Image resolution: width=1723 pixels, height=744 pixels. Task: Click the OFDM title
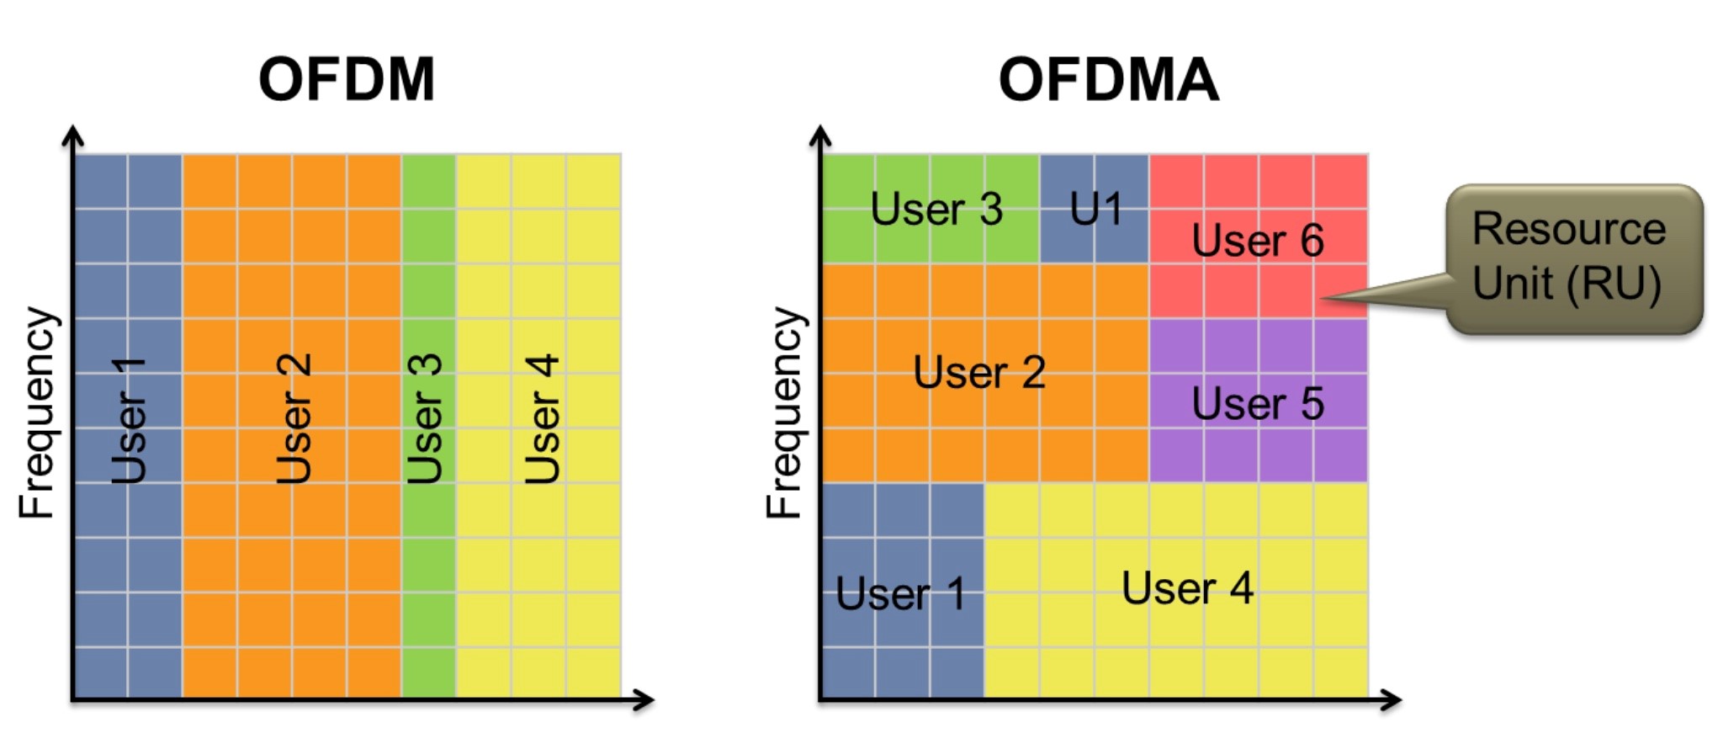click(347, 80)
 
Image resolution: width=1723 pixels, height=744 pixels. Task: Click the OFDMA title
click(1108, 80)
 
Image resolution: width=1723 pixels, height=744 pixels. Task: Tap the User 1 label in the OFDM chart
click(129, 420)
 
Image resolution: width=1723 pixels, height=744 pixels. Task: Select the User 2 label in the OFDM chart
click(294, 418)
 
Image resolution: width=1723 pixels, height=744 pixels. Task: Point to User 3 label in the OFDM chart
click(424, 418)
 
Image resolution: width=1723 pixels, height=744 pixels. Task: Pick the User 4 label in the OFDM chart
click(541, 418)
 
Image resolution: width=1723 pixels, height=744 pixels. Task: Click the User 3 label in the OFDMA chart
click(936, 209)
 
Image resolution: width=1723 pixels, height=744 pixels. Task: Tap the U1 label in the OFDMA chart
click(1095, 209)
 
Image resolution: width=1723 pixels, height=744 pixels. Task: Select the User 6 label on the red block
click(1258, 241)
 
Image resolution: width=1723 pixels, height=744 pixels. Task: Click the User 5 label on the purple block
click(1258, 403)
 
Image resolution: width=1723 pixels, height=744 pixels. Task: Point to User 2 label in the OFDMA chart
click(979, 372)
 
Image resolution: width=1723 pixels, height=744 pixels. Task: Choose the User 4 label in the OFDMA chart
click(1187, 587)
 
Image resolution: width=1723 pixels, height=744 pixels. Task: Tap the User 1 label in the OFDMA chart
click(900, 594)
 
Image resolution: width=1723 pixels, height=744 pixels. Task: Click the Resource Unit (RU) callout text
click(1568, 256)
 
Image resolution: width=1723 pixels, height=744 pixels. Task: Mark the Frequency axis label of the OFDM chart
click(38, 412)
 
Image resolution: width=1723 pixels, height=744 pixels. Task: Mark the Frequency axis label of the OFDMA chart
click(785, 412)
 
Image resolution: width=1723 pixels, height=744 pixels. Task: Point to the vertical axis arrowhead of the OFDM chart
click(73, 135)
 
